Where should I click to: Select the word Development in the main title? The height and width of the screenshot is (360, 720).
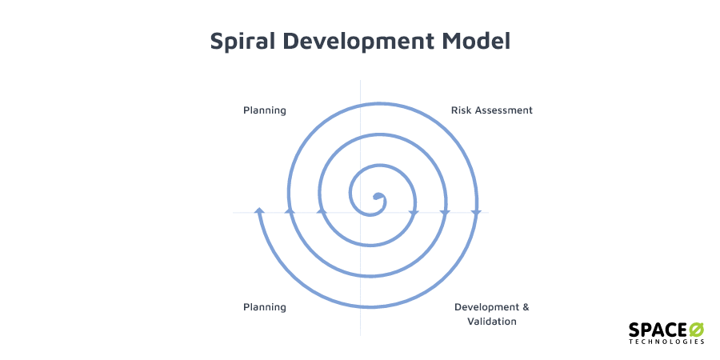click(x=361, y=42)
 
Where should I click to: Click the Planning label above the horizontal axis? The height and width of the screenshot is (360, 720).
click(x=265, y=110)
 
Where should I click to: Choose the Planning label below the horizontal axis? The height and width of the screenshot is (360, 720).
click(x=265, y=307)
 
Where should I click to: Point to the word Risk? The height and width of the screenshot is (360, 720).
click(x=462, y=110)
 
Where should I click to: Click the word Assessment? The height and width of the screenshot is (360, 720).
click(x=504, y=110)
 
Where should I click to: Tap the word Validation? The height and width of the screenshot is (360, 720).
click(x=492, y=322)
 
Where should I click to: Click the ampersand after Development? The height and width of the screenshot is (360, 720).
click(x=525, y=307)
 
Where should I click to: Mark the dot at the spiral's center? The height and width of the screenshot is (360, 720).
click(x=378, y=197)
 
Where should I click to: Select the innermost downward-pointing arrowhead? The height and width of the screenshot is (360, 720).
click(x=414, y=213)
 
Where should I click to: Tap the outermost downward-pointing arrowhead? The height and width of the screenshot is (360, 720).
click(x=475, y=213)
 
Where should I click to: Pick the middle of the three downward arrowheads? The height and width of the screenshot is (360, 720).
click(x=445, y=213)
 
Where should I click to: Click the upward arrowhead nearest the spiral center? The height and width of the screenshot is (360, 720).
click(x=322, y=210)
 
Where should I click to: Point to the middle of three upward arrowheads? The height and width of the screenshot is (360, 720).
click(x=290, y=210)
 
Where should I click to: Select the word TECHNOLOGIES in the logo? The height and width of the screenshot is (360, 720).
click(x=666, y=342)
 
